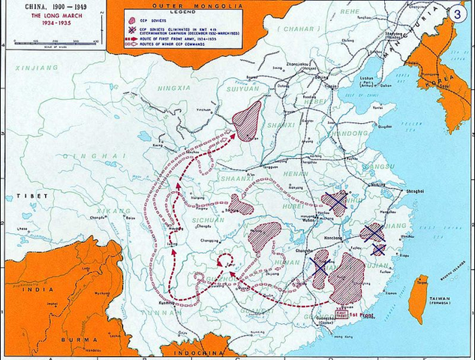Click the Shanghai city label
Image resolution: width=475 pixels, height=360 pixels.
tap(416, 193)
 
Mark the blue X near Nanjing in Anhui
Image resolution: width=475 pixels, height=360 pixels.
tap(335, 201)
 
